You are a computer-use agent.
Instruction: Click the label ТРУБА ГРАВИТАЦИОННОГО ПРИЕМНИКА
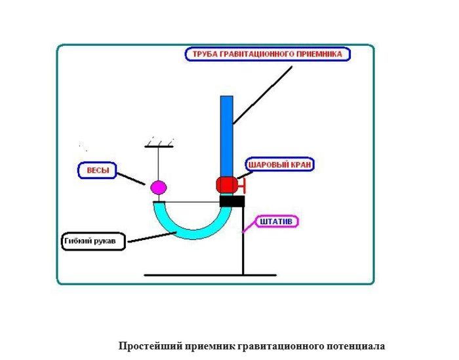(269, 54)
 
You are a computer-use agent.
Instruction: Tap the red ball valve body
(226, 185)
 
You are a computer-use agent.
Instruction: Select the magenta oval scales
(159, 188)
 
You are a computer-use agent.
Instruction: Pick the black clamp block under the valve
(231, 201)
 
